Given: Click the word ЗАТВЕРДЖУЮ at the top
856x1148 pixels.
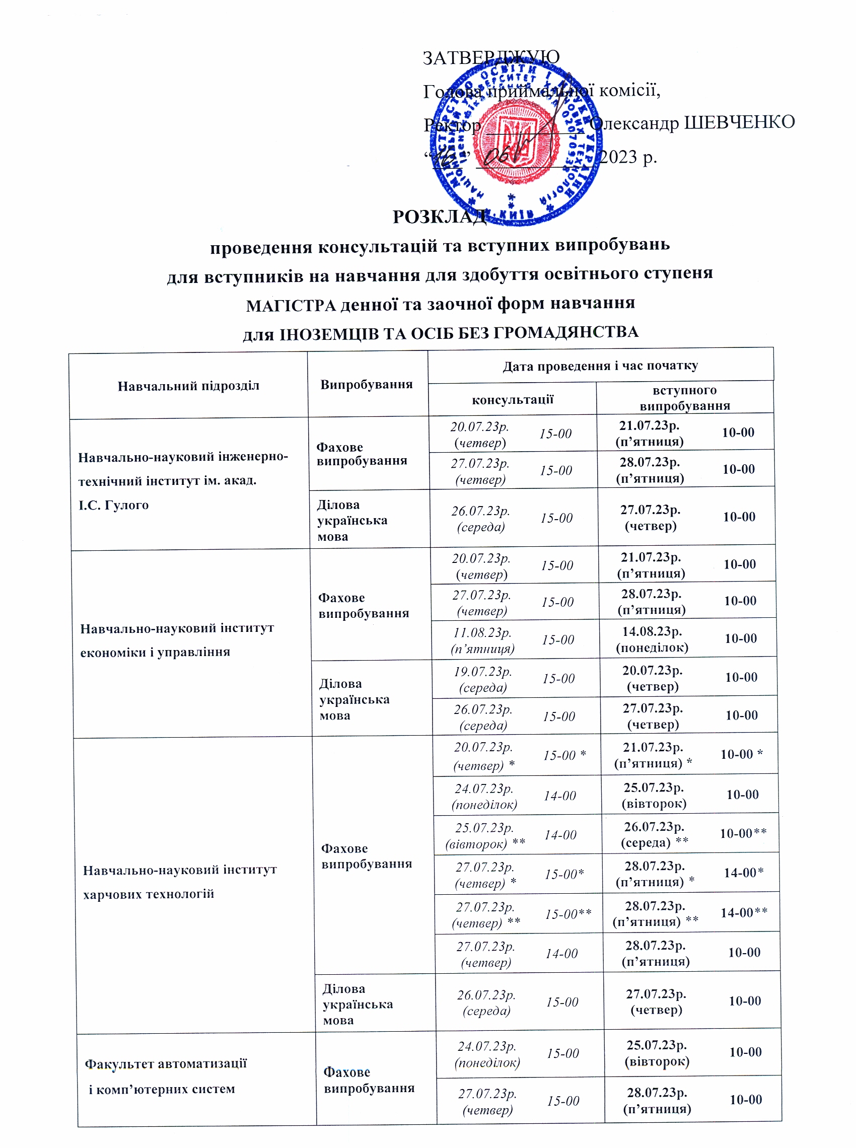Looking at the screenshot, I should [x=491, y=57].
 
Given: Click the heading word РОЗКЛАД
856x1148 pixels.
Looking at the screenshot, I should [x=440, y=217].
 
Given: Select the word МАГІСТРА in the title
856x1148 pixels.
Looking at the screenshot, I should [x=291, y=306].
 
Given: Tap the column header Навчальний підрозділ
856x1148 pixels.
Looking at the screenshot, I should [x=188, y=386].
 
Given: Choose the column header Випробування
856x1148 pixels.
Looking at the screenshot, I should [x=367, y=384].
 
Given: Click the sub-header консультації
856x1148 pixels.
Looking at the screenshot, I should [x=512, y=399].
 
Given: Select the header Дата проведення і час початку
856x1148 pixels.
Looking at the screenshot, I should [x=600, y=366].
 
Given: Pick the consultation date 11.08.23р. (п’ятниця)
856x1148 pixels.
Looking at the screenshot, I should [x=482, y=640].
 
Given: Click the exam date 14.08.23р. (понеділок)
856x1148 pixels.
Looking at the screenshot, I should [x=652, y=639].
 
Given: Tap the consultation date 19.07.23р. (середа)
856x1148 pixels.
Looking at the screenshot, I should [x=482, y=679].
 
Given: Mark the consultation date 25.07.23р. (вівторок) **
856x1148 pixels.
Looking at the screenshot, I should [x=484, y=836].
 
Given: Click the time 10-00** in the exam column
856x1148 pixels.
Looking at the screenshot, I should [x=743, y=833].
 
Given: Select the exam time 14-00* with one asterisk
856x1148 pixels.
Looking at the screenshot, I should [x=743, y=873].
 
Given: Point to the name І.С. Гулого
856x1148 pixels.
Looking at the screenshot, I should [x=113, y=505].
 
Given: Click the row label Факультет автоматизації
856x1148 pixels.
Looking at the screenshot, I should [x=165, y=1064].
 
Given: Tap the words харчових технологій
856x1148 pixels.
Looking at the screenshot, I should [x=148, y=894].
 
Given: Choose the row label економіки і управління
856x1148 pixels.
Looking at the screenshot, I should [x=155, y=652].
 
